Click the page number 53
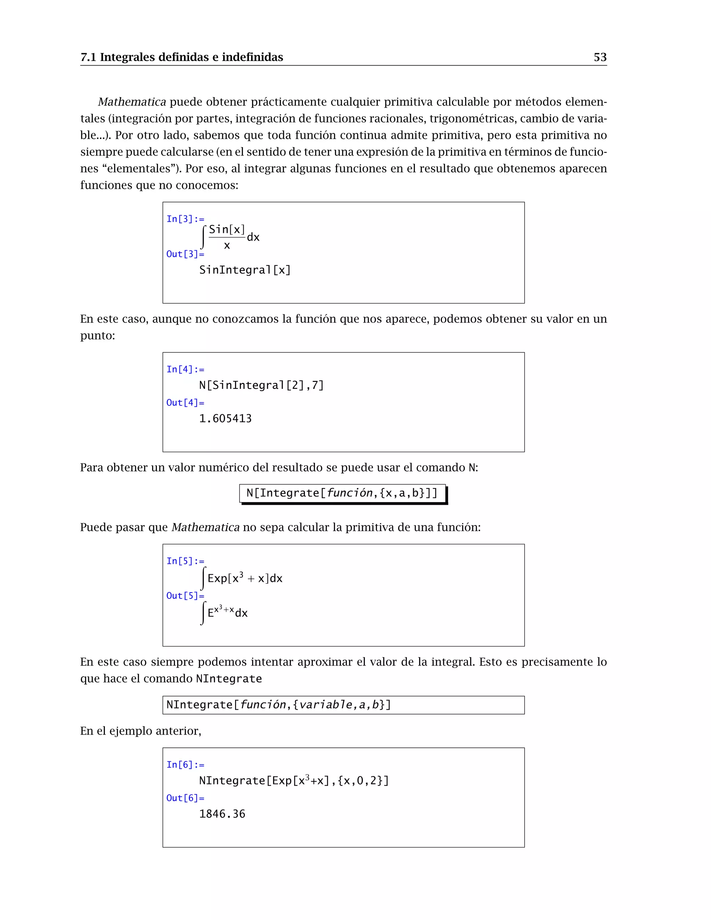pyautogui.click(x=600, y=57)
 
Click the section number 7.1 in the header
pyautogui.click(x=88, y=57)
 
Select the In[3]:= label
pyautogui.click(x=185, y=219)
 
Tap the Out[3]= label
pyautogui.click(x=185, y=254)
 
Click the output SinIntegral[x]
pyautogui.click(x=245, y=270)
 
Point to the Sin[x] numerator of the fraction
pyautogui.click(x=227, y=229)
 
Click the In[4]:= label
pyautogui.click(x=185, y=369)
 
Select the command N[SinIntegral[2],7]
pyautogui.click(x=261, y=385)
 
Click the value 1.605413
pyautogui.click(x=225, y=419)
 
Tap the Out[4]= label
pyautogui.click(x=185, y=403)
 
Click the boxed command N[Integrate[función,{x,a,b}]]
pyautogui.click(x=342, y=493)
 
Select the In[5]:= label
pyautogui.click(x=185, y=561)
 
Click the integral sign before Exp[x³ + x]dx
pyautogui.click(x=203, y=578)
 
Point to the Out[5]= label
pyautogui.click(x=185, y=596)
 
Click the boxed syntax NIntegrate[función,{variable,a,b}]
pyautogui.click(x=278, y=705)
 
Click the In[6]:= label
pyautogui.click(x=185, y=764)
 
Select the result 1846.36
pyautogui.click(x=222, y=814)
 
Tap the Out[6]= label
pyautogui.click(x=185, y=798)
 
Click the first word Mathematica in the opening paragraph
pyautogui.click(x=132, y=102)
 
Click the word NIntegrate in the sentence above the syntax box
pyautogui.click(x=229, y=679)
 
